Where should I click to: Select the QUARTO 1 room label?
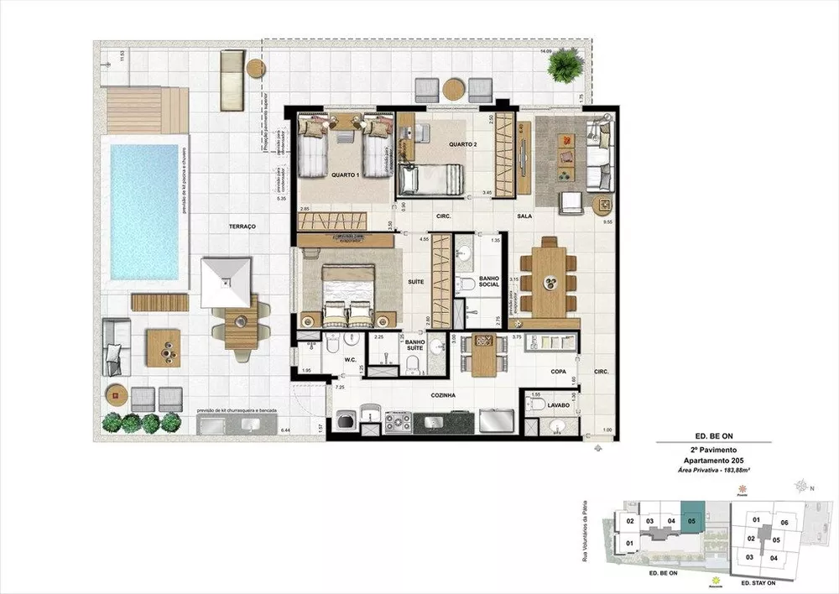click(x=347, y=175)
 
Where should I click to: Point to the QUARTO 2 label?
click(x=462, y=143)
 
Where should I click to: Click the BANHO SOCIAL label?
click(x=489, y=281)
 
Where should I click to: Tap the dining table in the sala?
click(x=552, y=279)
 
